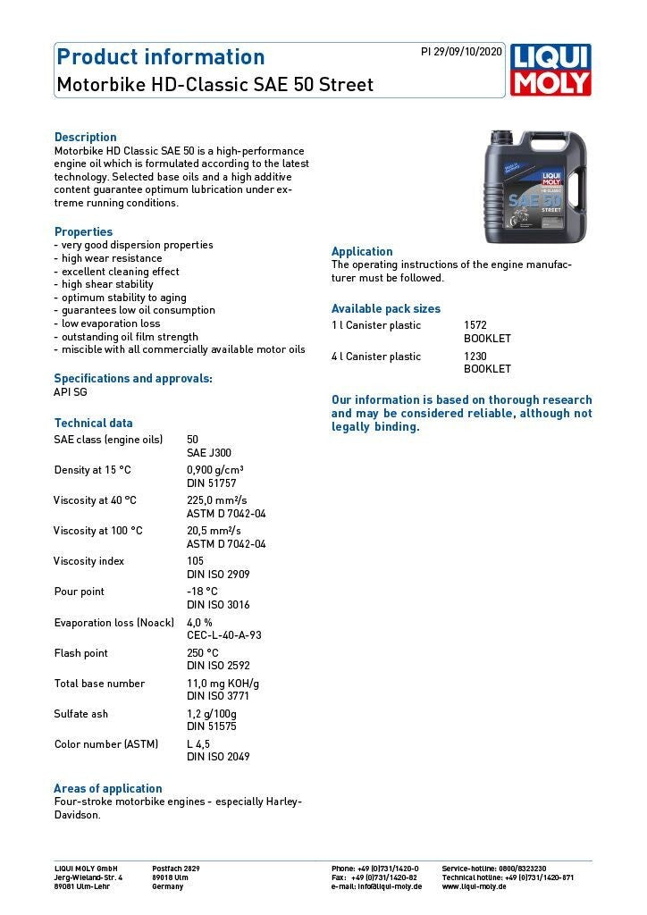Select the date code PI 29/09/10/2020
tap(461, 52)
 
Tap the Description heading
tap(86, 137)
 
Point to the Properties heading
tap(83, 231)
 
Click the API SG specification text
tap(71, 391)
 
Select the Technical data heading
tap(93, 423)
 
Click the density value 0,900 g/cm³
tap(215, 470)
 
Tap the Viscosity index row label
tap(88, 561)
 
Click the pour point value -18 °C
tap(202, 592)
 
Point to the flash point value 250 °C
tap(203, 653)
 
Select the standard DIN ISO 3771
tap(218, 696)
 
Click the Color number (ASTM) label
tap(106, 743)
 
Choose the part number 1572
tap(475, 325)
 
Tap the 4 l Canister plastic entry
tap(376, 357)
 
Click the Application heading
tap(362, 251)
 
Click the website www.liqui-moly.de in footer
tap(474, 886)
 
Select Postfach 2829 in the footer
tap(176, 869)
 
